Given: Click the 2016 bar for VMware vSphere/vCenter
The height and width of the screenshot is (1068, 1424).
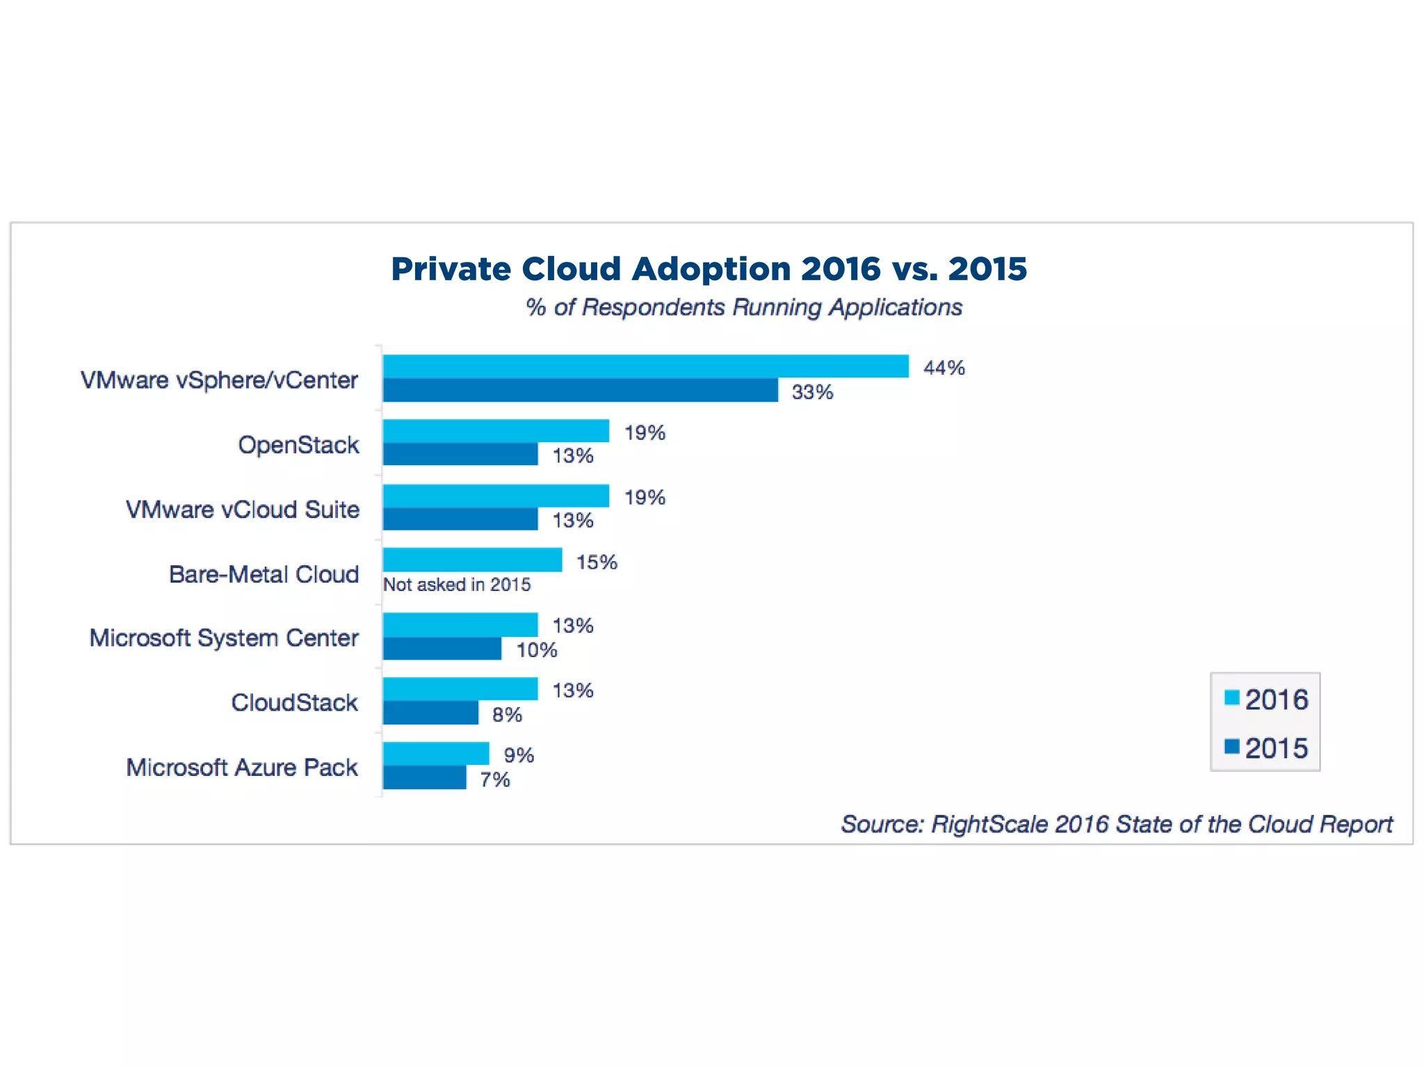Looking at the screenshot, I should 645,366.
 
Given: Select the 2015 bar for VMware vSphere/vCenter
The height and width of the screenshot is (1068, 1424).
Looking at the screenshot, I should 580,391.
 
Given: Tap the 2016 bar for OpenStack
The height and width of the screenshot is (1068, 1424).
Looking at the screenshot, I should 496,431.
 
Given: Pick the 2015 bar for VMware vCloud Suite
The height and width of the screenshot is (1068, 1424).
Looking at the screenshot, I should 460,519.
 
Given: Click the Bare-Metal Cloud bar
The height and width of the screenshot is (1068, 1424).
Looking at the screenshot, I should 472,560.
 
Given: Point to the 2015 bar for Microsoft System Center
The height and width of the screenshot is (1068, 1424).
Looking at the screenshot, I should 442,649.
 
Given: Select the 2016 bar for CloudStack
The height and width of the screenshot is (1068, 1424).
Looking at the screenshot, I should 460,689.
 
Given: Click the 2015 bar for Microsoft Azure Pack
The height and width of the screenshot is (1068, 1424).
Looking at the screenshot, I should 424,778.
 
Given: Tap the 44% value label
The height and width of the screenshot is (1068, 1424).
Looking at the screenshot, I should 944,368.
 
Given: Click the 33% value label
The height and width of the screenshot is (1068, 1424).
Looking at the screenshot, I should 812,392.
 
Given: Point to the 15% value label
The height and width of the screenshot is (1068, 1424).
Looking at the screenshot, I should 597,562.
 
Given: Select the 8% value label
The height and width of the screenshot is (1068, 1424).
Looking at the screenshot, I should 507,715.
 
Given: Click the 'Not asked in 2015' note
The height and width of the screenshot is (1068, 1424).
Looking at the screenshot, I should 457,585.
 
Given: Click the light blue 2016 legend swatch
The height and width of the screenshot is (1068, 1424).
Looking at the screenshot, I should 1231,698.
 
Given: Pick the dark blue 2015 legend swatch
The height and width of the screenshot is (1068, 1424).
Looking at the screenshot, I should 1231,747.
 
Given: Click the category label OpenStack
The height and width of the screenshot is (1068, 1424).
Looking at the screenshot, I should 298,445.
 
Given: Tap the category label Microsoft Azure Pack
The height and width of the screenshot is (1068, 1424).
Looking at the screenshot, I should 241,768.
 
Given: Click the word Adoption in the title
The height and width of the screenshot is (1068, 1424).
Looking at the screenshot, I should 711,269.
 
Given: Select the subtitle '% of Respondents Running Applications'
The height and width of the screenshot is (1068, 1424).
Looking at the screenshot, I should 743,307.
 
